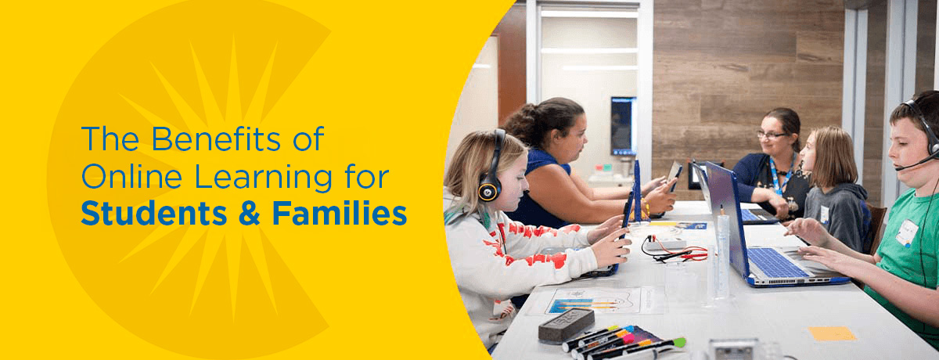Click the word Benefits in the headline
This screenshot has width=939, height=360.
point(216,139)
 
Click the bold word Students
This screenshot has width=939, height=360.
point(154,213)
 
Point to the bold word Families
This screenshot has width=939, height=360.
point(340,213)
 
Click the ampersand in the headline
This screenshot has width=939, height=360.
point(250,214)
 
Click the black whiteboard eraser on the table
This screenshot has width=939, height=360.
point(566,325)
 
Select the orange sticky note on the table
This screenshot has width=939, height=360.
point(832,333)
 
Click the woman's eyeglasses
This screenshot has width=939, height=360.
point(772,135)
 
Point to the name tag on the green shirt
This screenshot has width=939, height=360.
point(907,232)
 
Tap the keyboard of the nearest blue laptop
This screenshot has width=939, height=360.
point(778,263)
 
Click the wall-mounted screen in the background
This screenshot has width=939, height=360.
point(624,126)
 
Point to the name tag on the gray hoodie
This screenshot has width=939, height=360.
point(825,214)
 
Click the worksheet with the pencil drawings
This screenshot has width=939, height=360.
point(595,301)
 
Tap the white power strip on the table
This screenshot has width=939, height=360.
point(665,244)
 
